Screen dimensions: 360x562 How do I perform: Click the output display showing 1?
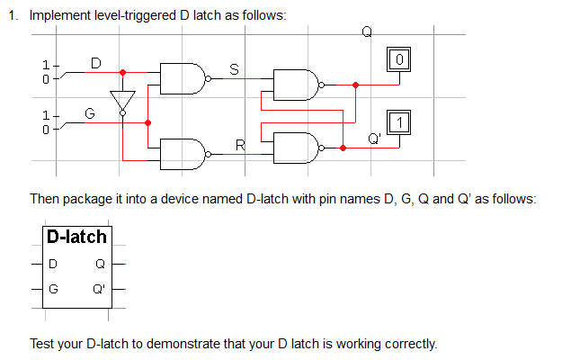coord(400,121)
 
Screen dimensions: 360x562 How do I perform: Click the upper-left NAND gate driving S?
coord(182,79)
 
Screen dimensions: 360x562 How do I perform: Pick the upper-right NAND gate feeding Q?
coord(296,85)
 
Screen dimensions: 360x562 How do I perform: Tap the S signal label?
coord(235,68)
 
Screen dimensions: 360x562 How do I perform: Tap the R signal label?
coord(239,144)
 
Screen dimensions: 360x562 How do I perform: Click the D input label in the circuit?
coord(96,61)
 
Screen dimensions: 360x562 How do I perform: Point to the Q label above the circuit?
coord(366,32)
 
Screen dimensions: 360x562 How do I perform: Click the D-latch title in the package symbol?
coord(77,238)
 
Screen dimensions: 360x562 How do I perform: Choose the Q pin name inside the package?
coord(100,265)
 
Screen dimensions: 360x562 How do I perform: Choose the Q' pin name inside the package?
coord(98,290)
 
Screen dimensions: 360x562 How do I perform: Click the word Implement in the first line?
coord(59,16)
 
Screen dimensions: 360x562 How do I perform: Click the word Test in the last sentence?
coord(42,344)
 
